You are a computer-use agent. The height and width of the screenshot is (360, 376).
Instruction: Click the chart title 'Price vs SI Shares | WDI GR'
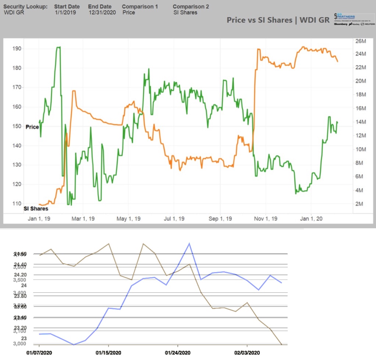(278, 20)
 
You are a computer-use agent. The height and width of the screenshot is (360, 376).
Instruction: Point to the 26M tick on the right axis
(360, 40)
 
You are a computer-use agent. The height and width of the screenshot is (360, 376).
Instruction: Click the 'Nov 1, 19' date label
(266, 219)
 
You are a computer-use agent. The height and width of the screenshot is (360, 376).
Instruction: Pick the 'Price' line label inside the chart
(32, 127)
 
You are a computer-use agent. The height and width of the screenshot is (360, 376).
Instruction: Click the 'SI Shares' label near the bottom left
(36, 208)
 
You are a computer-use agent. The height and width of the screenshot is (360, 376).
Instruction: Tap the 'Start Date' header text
(67, 7)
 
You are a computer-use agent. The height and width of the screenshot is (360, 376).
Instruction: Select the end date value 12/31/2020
(102, 13)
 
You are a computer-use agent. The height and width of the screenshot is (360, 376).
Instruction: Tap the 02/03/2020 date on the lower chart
(247, 353)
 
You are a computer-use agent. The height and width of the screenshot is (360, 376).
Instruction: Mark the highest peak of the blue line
(189, 243)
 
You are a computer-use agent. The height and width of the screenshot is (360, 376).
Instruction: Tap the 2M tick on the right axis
(359, 204)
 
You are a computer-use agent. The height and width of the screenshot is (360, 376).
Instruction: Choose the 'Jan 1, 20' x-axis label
(312, 219)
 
